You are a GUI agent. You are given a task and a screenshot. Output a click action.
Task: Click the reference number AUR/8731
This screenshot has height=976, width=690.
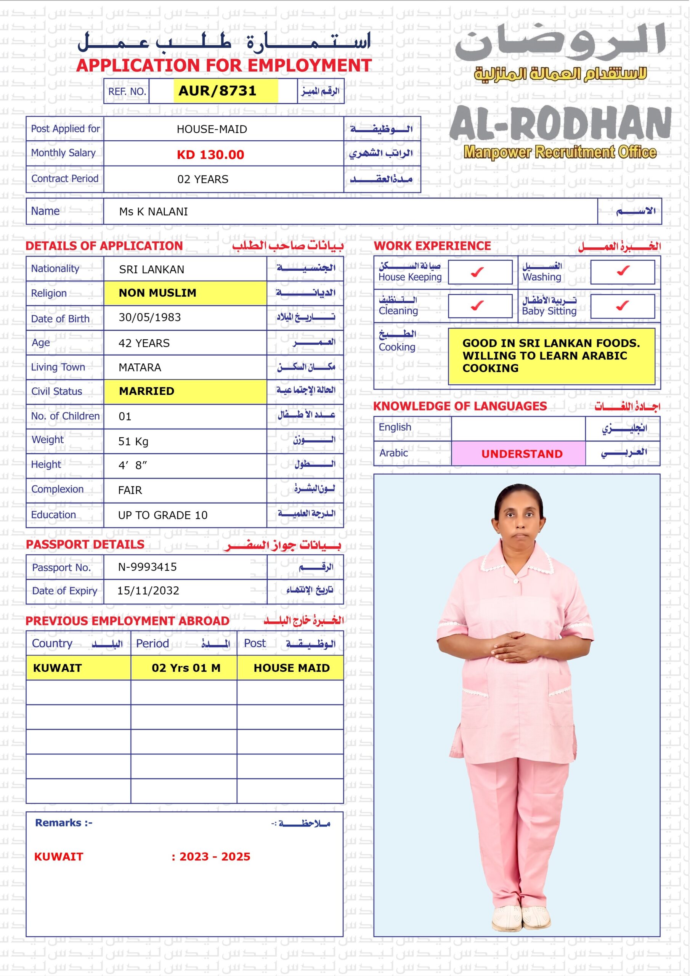[x=217, y=90]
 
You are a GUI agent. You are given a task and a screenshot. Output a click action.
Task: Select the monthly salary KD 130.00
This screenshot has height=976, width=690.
[x=210, y=154]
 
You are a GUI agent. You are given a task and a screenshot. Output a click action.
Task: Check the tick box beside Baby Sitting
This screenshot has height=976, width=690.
[x=623, y=305]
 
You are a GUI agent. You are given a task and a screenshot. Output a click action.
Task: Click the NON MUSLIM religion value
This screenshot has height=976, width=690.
[x=157, y=293]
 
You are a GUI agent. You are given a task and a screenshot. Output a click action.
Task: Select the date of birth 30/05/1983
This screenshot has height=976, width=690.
[x=150, y=318]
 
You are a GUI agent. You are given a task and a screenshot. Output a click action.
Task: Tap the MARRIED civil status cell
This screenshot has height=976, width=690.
[x=146, y=391]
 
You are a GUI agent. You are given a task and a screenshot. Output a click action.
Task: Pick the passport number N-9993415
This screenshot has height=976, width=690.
[x=147, y=567]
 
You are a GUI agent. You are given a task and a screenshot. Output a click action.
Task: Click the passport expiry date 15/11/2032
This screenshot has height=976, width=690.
[x=148, y=591]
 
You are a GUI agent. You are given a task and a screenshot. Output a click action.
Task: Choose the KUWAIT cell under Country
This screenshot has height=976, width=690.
[x=58, y=668]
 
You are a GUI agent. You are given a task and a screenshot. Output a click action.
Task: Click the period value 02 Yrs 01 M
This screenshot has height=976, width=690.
[x=186, y=668]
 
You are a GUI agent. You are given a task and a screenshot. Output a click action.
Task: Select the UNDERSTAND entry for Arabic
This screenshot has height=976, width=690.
[x=522, y=454]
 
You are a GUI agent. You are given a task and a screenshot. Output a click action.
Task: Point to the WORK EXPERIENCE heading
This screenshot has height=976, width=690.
[x=432, y=246]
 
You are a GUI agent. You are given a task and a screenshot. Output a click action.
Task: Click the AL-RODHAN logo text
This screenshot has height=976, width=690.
[x=560, y=124]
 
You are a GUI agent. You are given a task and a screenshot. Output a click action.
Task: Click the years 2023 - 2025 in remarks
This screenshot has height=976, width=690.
[x=214, y=857]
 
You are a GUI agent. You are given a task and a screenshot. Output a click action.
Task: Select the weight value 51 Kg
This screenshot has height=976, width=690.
[x=133, y=441]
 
